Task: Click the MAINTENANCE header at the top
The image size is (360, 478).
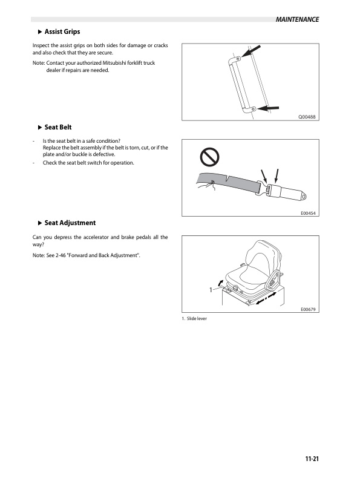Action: point(297,19)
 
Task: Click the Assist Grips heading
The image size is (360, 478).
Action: point(62,31)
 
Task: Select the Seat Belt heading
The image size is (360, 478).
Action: point(58,127)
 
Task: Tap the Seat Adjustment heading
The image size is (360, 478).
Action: point(70,223)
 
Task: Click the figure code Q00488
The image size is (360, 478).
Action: point(307,117)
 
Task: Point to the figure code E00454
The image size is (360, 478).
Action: point(308,213)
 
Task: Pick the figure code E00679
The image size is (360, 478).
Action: point(308,309)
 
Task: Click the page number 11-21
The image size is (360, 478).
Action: point(312,459)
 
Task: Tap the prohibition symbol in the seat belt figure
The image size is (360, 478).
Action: point(209,157)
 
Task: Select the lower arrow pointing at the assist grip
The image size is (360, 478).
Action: point(268,108)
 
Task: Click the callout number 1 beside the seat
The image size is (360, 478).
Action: point(211,290)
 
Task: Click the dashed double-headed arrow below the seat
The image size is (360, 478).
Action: point(266,298)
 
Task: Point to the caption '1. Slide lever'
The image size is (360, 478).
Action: point(194,318)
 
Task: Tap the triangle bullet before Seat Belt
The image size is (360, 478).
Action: point(40,128)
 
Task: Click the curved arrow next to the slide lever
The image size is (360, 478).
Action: point(220,283)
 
